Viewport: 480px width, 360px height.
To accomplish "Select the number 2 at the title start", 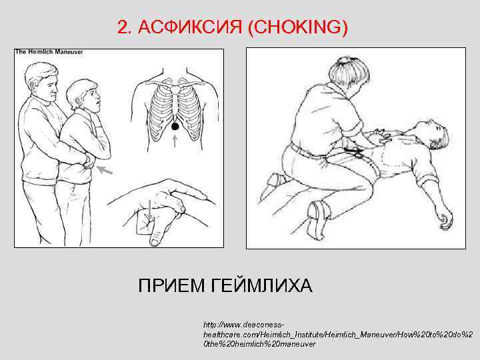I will (121, 28).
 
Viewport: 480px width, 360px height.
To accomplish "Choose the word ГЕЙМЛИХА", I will (261, 287).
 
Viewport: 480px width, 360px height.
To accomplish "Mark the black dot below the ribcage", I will (175, 125).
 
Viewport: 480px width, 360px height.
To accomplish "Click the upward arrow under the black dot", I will (175, 141).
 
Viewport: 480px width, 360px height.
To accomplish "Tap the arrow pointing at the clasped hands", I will (103, 171).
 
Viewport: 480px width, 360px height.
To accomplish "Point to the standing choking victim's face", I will (93, 97).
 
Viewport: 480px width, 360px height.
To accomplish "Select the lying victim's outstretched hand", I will (442, 215).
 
